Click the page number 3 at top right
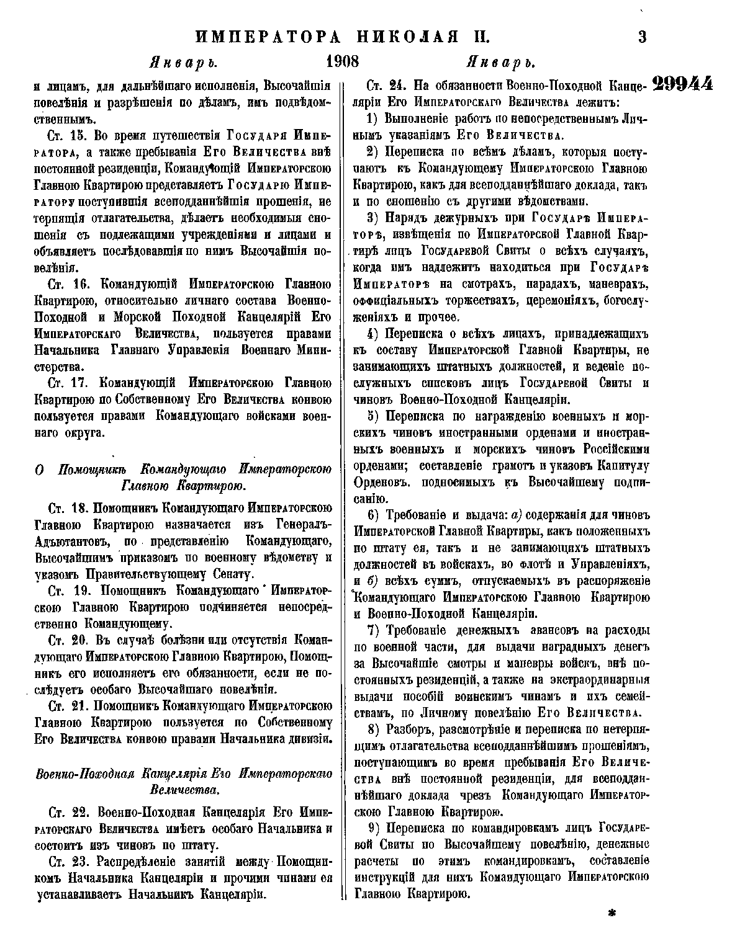[642, 37]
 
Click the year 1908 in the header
[342, 63]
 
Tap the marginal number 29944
[682, 85]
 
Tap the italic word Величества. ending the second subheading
[184, 790]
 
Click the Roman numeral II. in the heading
[478, 37]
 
